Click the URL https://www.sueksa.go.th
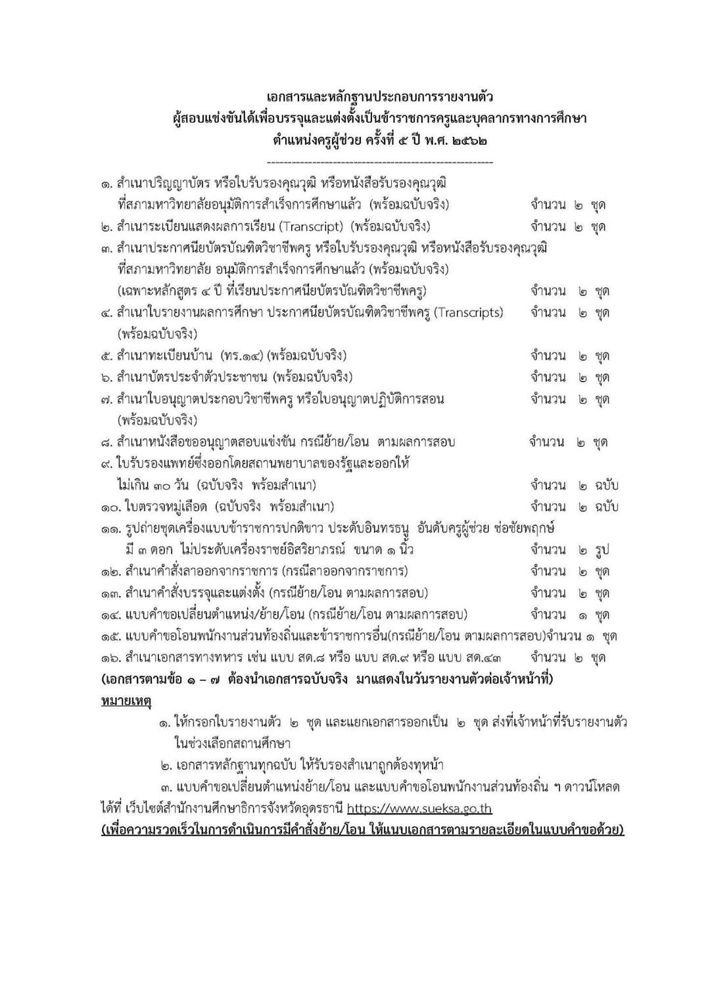tap(419, 809)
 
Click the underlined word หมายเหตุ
tap(126, 701)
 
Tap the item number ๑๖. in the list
tap(111, 657)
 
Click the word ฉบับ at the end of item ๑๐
tap(606, 507)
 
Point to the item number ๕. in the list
tap(107, 356)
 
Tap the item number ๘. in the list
tap(107, 442)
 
